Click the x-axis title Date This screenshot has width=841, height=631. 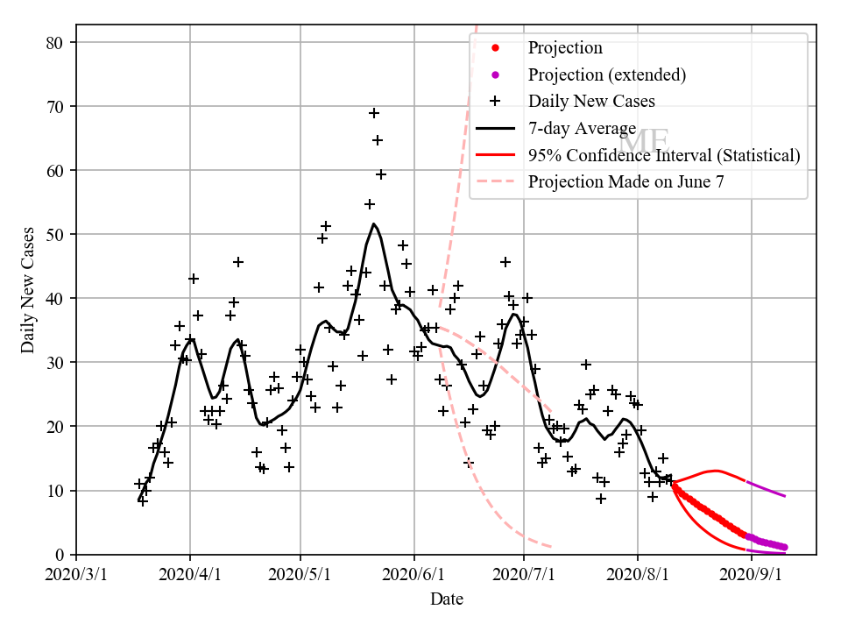[446, 599]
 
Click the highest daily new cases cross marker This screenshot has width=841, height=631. [374, 113]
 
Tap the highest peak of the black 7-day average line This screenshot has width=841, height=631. [374, 224]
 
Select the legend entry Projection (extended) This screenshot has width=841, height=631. [606, 74]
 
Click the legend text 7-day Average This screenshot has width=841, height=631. [582, 129]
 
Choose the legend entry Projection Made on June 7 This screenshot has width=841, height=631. [625, 182]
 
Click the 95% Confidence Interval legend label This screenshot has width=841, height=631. [663, 155]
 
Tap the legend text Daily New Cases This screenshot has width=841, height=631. [590, 101]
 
